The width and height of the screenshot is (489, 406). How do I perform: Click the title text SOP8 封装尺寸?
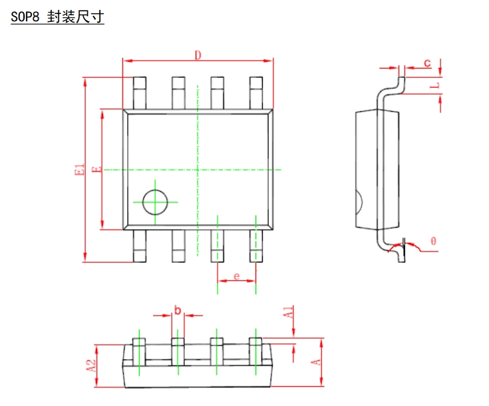57,18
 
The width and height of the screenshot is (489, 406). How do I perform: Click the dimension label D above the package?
198,55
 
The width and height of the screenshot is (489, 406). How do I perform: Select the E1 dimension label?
81,170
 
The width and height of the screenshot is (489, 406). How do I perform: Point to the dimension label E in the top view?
96,170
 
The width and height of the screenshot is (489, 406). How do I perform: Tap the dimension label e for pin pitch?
236,275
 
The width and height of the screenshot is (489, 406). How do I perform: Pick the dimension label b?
178,310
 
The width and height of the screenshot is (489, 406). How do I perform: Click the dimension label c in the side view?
428,63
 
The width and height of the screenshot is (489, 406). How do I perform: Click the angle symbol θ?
433,242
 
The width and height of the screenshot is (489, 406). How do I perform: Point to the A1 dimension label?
287,314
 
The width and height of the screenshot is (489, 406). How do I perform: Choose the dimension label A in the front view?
317,362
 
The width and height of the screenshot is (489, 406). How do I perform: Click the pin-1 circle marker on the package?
155,202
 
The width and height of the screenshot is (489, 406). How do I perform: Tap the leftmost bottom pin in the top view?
140,246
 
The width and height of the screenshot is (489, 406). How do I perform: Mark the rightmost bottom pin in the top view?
256,246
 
